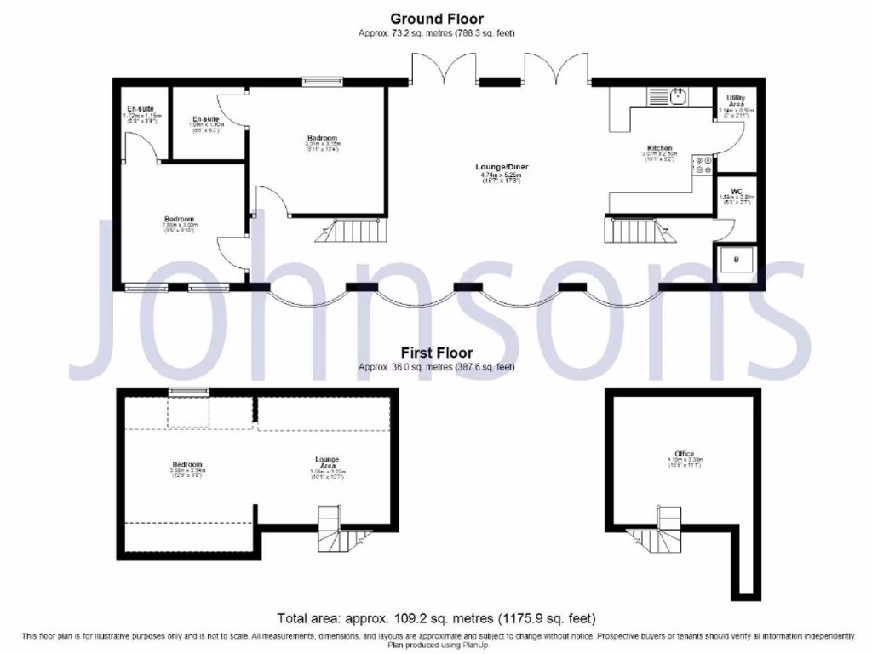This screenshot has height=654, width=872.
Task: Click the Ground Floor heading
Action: pyautogui.click(x=436, y=18)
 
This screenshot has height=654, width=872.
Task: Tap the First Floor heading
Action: pyautogui.click(x=436, y=352)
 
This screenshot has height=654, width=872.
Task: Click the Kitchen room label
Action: pyautogui.click(x=660, y=148)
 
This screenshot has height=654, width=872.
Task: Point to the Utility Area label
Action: pyautogui.click(x=737, y=101)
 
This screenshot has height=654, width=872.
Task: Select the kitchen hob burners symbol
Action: pyautogui.click(x=703, y=164)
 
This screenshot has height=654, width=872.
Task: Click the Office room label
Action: pyautogui.click(x=683, y=454)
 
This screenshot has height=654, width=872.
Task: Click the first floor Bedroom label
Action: pyautogui.click(x=186, y=464)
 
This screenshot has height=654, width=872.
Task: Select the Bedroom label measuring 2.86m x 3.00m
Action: pyautogui.click(x=180, y=220)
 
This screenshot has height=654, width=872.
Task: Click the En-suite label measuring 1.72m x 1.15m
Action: pyautogui.click(x=141, y=110)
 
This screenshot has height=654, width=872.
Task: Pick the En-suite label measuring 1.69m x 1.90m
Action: pyautogui.click(x=205, y=118)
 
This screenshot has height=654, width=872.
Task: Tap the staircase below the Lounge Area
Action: pyautogui.click(x=336, y=528)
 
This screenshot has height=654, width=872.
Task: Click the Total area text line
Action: pyautogui.click(x=436, y=617)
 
